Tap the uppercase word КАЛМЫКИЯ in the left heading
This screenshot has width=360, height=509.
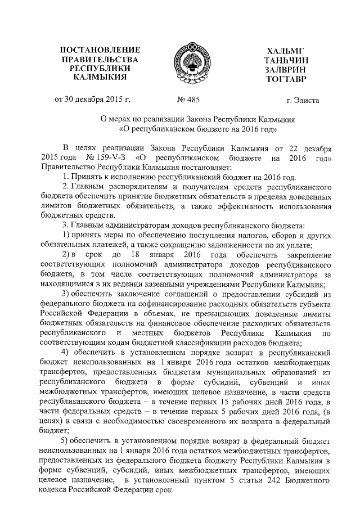(x=100, y=76)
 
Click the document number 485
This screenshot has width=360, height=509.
(x=192, y=101)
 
